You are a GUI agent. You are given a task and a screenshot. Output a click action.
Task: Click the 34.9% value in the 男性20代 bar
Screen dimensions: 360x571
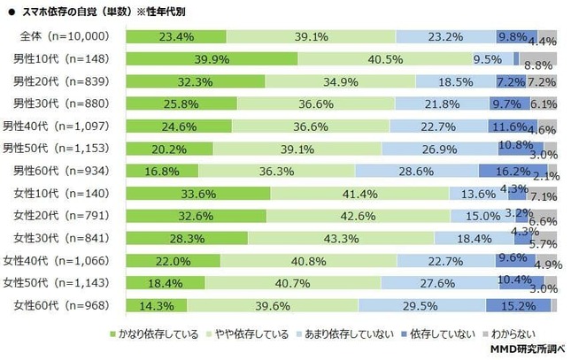click(340, 81)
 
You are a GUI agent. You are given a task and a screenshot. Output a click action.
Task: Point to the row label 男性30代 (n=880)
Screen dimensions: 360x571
click(63, 103)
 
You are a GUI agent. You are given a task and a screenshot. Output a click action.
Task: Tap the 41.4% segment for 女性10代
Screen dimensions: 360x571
click(359, 194)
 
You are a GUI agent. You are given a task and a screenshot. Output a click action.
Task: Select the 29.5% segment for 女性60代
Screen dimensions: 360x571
click(421, 305)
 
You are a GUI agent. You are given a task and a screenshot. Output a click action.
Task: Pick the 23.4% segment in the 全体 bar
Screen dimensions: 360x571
click(176, 36)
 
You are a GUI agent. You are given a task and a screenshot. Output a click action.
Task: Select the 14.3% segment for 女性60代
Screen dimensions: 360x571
click(157, 305)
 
